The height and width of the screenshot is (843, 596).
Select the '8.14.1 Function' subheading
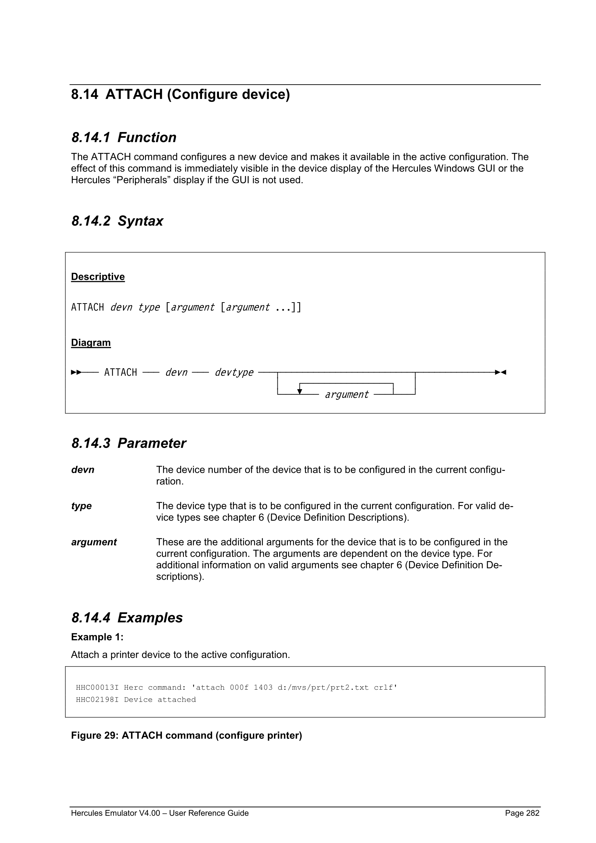pos(124,138)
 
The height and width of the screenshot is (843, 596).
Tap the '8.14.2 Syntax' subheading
pos(117,221)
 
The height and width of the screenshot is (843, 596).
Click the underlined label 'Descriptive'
pos(98,276)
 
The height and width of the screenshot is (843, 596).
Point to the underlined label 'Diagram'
pos(91,342)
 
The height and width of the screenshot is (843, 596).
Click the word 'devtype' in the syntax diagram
pos(234,372)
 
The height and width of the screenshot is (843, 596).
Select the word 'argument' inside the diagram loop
pos(346,394)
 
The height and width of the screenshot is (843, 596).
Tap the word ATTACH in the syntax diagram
pos(120,372)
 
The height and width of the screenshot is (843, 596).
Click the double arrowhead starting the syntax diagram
pos(76,372)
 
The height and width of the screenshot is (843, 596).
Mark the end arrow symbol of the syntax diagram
pos(500,372)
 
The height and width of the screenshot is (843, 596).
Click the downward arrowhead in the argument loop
pos(299,392)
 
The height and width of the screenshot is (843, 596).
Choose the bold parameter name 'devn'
pos(82,470)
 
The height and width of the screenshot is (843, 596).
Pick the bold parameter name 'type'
pos(81,506)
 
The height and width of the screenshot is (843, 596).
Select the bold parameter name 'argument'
pos(94,542)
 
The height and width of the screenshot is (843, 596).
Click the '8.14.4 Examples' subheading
pos(127,618)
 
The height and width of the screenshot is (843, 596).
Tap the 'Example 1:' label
pos(97,637)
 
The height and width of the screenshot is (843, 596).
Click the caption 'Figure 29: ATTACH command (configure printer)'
pos(186,735)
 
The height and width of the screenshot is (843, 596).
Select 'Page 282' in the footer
pos(522,813)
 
